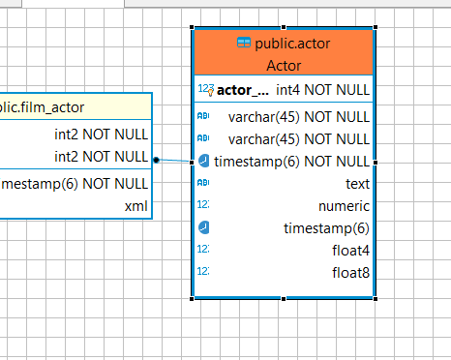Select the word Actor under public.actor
pyautogui.click(x=284, y=66)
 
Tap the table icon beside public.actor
pyautogui.click(x=244, y=44)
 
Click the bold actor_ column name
pyautogui.click(x=243, y=91)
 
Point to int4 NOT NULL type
pyautogui.click(x=322, y=91)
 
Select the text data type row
pyautogui.click(x=357, y=183)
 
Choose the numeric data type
pyautogui.click(x=344, y=206)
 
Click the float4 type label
pyautogui.click(x=349, y=251)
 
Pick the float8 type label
pyautogui.click(x=349, y=273)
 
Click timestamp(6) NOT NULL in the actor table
pyautogui.click(x=291, y=161)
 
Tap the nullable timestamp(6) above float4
pyautogui.click(x=326, y=228)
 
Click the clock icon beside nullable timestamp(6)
pyautogui.click(x=203, y=228)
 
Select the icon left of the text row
pyautogui.click(x=203, y=183)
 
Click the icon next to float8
pyautogui.click(x=203, y=273)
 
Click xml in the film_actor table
pyautogui.click(x=135, y=206)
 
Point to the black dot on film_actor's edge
pyautogui.click(x=156, y=160)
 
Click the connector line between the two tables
pyautogui.click(x=174, y=161)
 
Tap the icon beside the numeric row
pyautogui.click(x=203, y=206)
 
